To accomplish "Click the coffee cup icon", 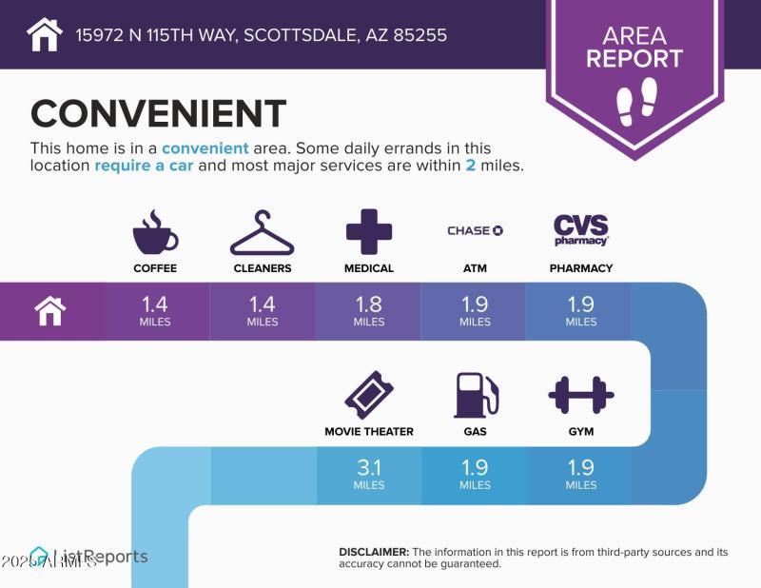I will pos(155,231).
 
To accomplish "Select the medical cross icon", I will pos(368,231).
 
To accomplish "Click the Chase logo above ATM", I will pos(475,230).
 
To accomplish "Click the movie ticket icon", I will pos(368,395).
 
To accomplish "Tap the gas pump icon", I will pos(475,395).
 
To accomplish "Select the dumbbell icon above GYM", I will pos(580,395).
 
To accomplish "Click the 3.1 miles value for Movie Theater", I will pos(368,473).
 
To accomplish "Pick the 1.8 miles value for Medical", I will pos(368,309).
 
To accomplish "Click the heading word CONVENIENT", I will pos(158,114).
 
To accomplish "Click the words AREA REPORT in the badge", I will pos(634,48).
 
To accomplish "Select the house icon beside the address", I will pos(45,35).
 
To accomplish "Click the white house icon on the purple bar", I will pos(50,310).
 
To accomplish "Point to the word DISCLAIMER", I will pos(374,552).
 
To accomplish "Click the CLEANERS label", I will pos(263,268).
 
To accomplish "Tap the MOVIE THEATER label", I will pos(368,432).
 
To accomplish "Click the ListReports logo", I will pos(90,557).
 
